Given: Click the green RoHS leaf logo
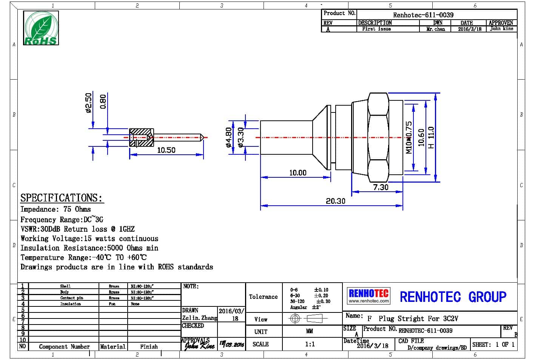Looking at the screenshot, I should click(41, 28).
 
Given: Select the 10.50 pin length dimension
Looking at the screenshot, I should click(166, 150).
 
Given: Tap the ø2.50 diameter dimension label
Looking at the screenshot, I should click(88, 103).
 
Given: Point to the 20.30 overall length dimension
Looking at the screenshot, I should click(335, 201).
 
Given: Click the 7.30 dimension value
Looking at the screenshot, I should click(381, 187).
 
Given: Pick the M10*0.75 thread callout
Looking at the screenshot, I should click(409, 137).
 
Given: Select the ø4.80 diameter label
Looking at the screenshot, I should click(228, 137).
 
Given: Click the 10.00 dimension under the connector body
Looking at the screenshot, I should click(298, 173).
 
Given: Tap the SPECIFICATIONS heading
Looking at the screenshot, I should click(61, 198).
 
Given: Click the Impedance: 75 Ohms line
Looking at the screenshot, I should click(56, 209).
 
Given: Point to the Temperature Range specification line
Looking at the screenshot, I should click(83, 257).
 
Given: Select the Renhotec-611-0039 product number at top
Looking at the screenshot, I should click(423, 15).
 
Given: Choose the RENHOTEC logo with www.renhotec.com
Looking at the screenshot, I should click(368, 295).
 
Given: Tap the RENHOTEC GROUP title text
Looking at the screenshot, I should click(453, 297).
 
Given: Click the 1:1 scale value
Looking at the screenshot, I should click(310, 344).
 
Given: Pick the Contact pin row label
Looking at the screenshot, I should click(72, 298).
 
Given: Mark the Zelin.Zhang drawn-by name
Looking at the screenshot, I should click(199, 318).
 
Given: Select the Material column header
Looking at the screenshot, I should click(113, 346).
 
